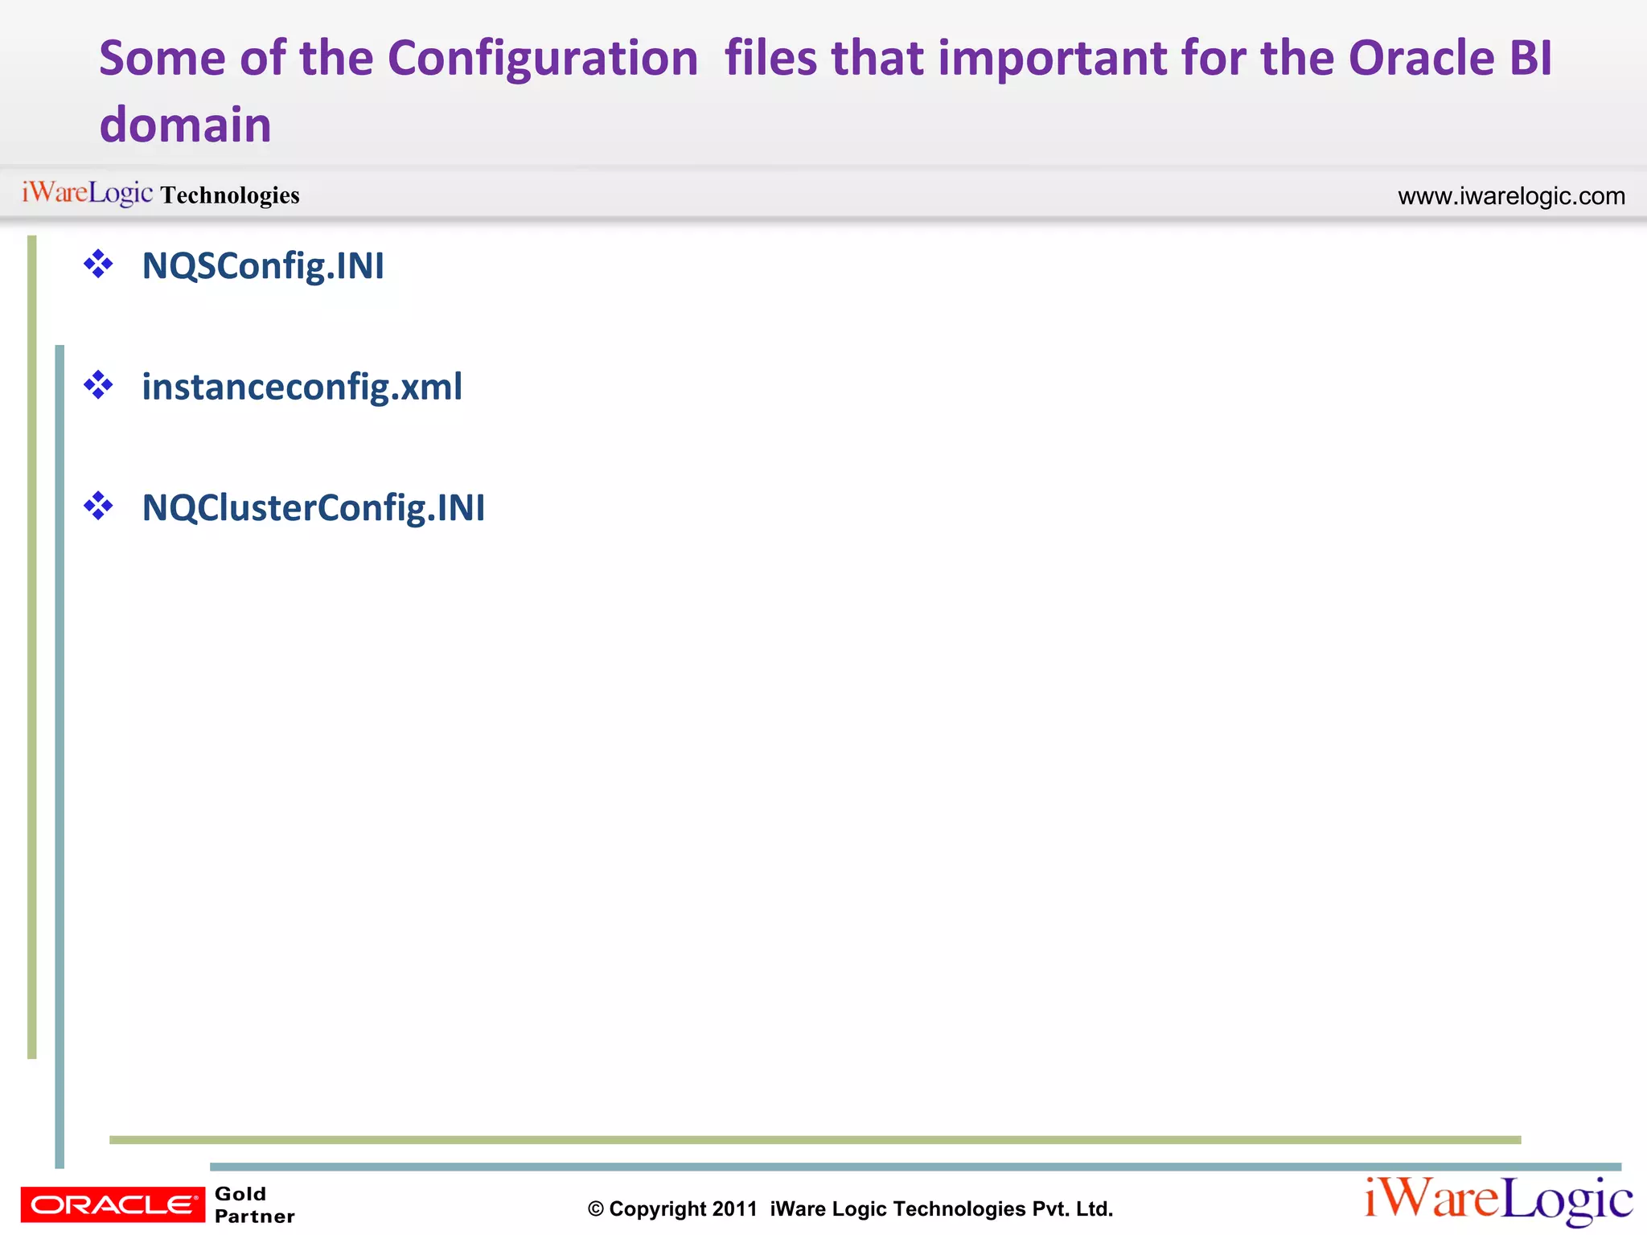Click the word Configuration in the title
[x=543, y=59]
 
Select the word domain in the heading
[x=185, y=125]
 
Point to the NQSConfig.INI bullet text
[x=263, y=266]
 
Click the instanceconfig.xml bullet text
[x=302, y=387]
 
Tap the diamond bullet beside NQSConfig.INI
[x=98, y=265]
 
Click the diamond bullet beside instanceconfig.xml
[x=98, y=385]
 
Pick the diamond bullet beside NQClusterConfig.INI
[x=98, y=507]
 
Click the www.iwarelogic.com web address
[x=1511, y=196]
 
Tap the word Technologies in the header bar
[x=230, y=195]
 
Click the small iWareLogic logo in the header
[x=87, y=193]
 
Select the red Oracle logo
[x=113, y=1204]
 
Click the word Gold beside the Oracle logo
[x=240, y=1194]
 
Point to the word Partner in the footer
[x=254, y=1217]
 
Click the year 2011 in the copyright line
[x=734, y=1209]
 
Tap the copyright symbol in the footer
[x=596, y=1209]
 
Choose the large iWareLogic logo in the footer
[x=1497, y=1201]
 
